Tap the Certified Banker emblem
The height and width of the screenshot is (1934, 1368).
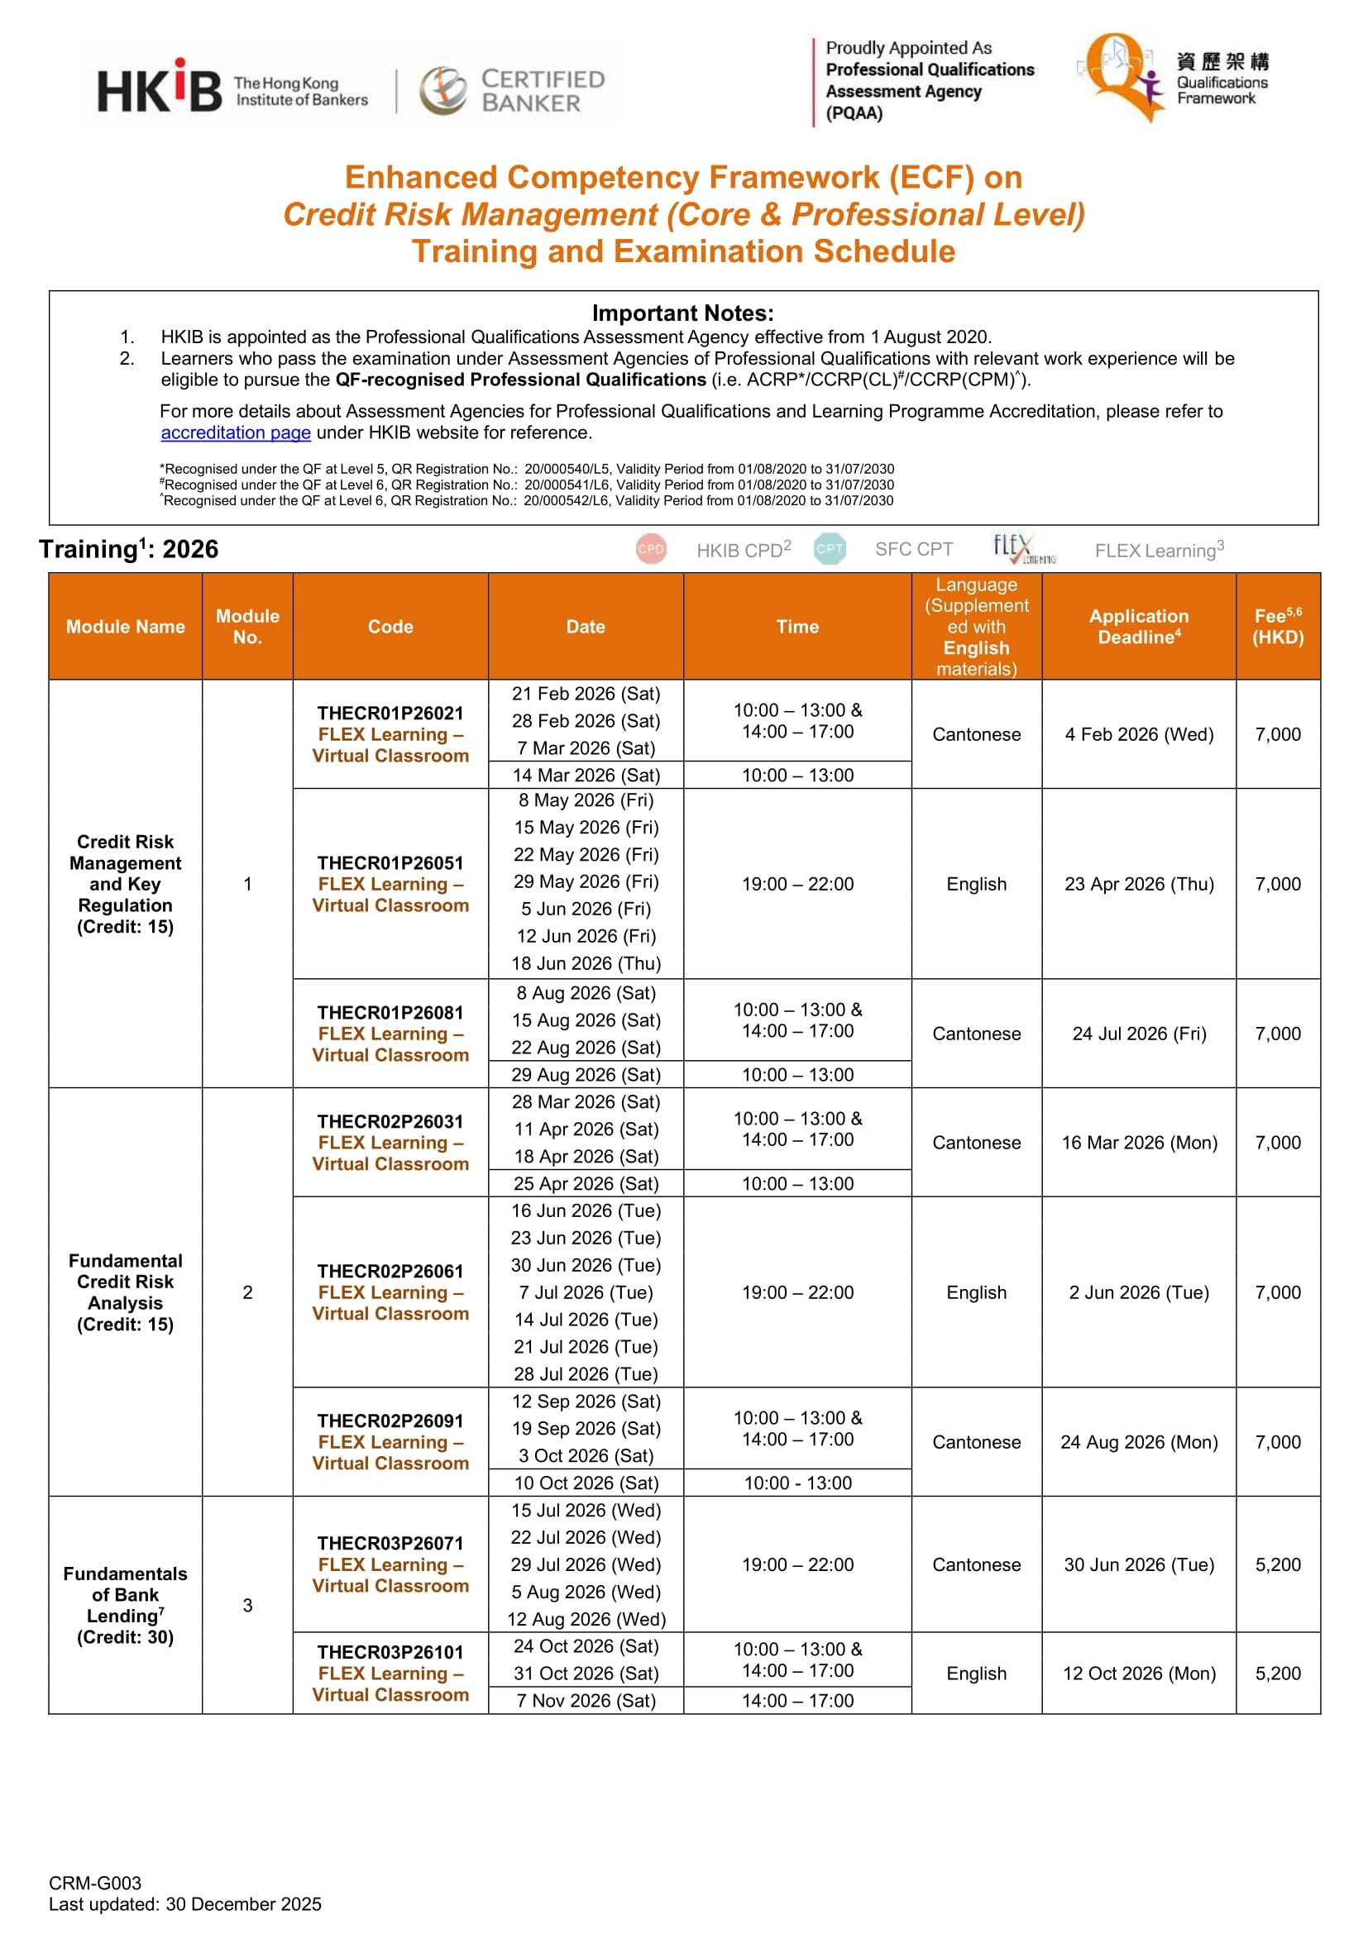click(443, 90)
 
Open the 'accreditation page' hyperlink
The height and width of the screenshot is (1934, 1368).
click(236, 433)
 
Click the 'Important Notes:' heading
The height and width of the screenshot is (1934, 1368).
click(682, 313)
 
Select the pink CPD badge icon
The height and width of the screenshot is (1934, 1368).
click(651, 549)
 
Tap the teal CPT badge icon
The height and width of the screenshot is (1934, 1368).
click(830, 549)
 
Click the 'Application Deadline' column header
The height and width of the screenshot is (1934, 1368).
click(1139, 627)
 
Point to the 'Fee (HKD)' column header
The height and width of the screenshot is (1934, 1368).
click(1277, 627)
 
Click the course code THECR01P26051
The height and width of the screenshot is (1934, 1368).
click(390, 863)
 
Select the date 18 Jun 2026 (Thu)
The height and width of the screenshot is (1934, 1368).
click(586, 963)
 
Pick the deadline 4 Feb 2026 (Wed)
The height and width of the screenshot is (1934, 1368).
click(1139, 734)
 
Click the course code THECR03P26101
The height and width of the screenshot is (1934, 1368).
click(390, 1653)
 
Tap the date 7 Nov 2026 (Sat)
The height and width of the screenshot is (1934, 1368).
click(586, 1701)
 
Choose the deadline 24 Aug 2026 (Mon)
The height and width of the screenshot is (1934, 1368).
click(1139, 1442)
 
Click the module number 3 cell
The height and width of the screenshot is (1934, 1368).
click(247, 1606)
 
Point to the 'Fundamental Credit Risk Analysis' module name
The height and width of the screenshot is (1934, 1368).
click(126, 1292)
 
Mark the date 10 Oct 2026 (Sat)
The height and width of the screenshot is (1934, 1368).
click(586, 1483)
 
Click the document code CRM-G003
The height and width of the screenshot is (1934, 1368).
click(95, 1884)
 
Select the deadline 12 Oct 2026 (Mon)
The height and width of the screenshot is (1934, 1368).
click(1139, 1674)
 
